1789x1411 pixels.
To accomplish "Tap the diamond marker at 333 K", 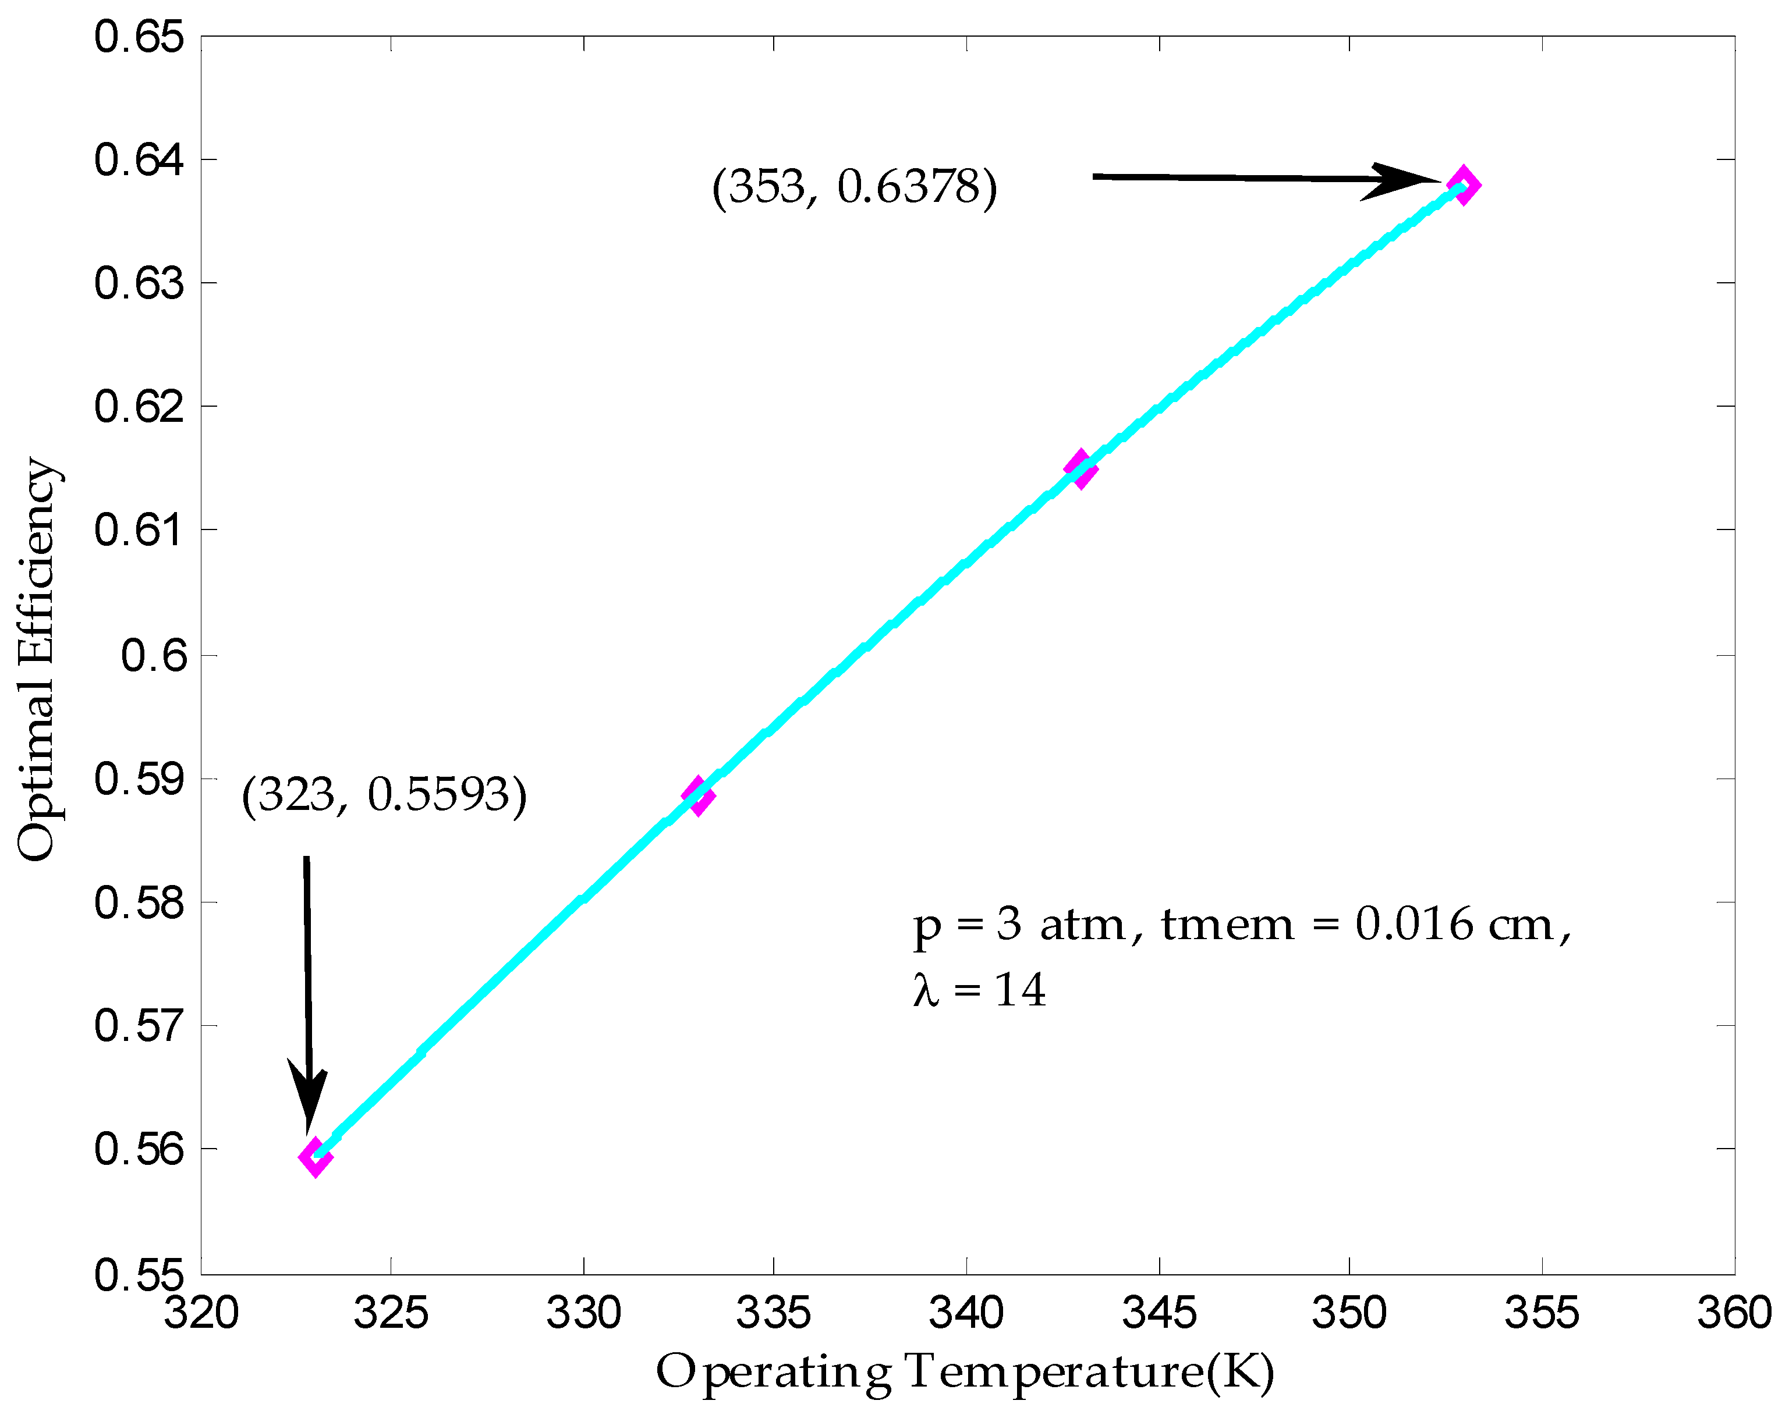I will (698, 795).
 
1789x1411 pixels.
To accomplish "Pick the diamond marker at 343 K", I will (1080, 469).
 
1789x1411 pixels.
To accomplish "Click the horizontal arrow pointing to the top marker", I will (1264, 179).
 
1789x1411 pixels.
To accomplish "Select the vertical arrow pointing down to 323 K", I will (307, 991).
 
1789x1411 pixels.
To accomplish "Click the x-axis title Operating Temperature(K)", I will (965, 1372).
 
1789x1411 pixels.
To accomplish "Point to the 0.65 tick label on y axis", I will (139, 38).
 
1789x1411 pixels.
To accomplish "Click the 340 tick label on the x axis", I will (966, 1313).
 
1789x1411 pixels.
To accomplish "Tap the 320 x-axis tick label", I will (201, 1313).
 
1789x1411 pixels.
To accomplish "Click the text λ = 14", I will (979, 990).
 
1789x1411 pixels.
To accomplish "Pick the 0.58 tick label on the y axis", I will (139, 902).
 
